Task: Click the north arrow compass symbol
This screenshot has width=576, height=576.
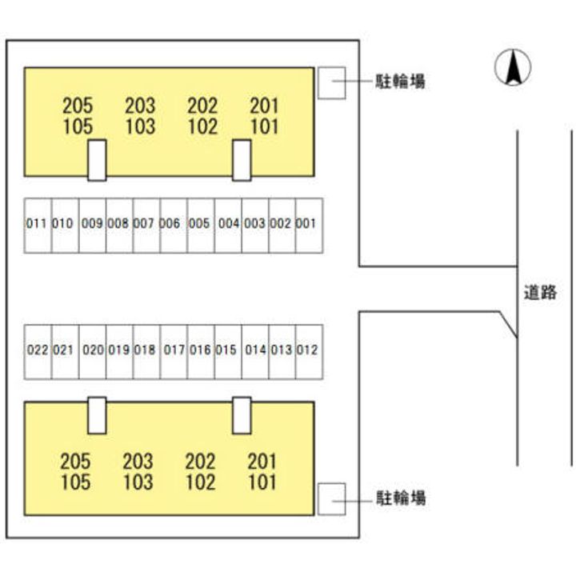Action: coord(514,68)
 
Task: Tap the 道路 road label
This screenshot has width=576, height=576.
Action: coord(540,293)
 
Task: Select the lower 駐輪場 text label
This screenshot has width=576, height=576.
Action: coord(402,498)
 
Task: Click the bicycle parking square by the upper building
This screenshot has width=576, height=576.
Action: coord(331,83)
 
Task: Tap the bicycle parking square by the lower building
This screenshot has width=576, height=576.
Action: coord(331,498)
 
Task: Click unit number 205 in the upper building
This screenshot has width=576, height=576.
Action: coord(77,105)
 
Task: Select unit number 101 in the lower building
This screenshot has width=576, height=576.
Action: coord(262,482)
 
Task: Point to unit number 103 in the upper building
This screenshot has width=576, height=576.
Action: coord(140,126)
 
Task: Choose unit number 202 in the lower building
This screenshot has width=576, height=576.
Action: coord(200,462)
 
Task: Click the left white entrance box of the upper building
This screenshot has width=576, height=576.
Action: coord(97,160)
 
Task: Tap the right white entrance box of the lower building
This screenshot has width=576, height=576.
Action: coord(242,415)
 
